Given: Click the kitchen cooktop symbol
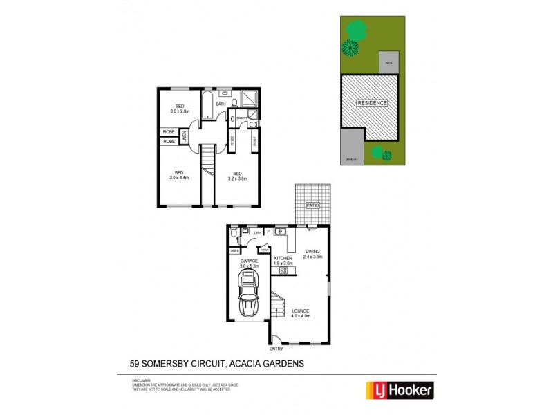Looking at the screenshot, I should pos(283,270).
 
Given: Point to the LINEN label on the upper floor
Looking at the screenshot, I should pos(185,136).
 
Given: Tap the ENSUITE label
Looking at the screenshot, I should pos(242,118).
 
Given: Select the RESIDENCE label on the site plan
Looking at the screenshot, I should pos(372,103).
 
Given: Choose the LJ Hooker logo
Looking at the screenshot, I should pos(400,390).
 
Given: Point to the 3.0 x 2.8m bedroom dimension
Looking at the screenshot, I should pos(179,111).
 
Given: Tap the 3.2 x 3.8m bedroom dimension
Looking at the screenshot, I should pos(238,178).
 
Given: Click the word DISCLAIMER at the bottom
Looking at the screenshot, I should pos(141,380).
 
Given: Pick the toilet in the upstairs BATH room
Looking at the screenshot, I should pos(234,103).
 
